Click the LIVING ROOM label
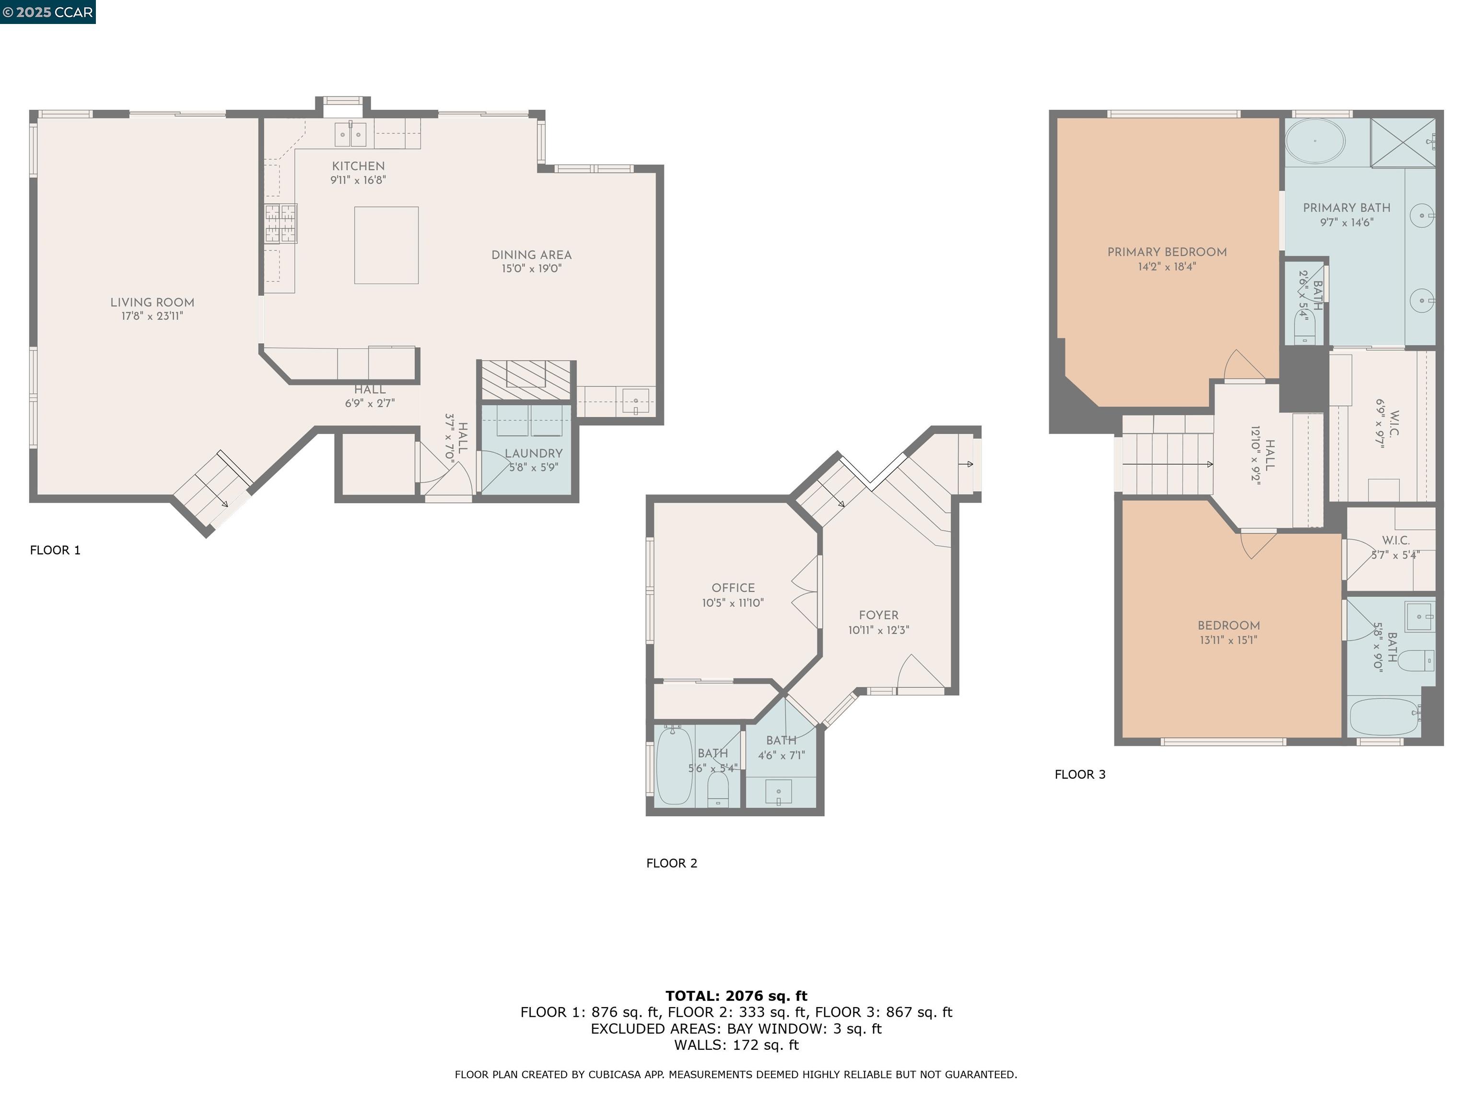(x=152, y=303)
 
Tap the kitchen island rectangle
(x=386, y=245)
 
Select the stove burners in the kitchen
(x=281, y=223)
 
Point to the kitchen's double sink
(x=351, y=135)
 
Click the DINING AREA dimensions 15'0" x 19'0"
(x=531, y=269)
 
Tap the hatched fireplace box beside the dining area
(x=526, y=380)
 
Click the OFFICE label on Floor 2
(x=733, y=588)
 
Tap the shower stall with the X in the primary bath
(x=1403, y=142)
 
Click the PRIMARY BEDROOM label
(x=1167, y=252)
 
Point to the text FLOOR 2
(x=671, y=863)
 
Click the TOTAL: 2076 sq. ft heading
(x=736, y=996)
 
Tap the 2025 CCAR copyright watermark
(x=47, y=12)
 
